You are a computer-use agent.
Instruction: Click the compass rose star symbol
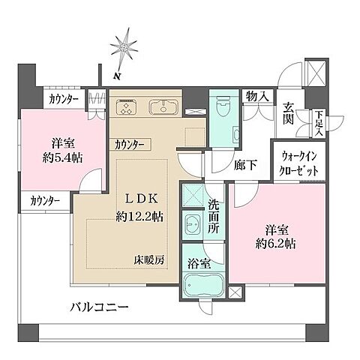point(121,48)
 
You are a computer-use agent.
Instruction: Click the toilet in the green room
point(222,109)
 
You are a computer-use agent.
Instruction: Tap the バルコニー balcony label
point(100,307)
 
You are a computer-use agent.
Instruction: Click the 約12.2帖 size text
point(139,217)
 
